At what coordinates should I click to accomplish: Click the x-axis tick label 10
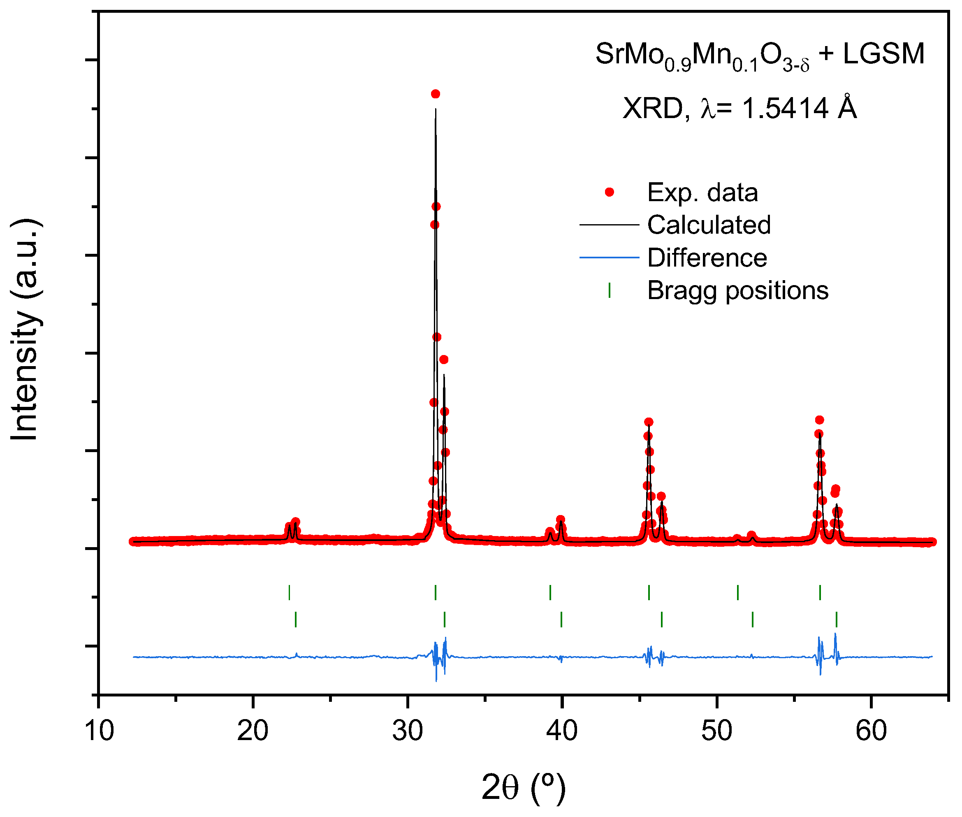pos(99,731)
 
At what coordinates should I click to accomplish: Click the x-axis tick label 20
pos(253,731)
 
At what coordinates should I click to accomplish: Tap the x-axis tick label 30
pos(408,731)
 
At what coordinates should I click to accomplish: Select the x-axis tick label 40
pos(561,731)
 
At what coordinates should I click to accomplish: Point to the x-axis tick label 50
pos(716,731)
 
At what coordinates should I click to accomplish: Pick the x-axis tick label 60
pos(871,731)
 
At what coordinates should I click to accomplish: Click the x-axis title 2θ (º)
pos(524,787)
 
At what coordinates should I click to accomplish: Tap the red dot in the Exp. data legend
pos(609,192)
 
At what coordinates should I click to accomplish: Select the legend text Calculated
pos(709,225)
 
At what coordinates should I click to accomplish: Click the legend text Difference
pos(707,258)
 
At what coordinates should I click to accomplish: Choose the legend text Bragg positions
pos(737,291)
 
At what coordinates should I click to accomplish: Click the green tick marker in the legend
pos(609,290)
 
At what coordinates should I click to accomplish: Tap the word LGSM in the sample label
pos(883,54)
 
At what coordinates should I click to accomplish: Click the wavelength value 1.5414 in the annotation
pos(785,109)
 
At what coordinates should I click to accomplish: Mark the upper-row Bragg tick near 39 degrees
pos(550,592)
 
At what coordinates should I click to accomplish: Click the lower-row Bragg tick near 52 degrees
pos(752,619)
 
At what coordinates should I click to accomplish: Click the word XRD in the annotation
pos(653,109)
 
